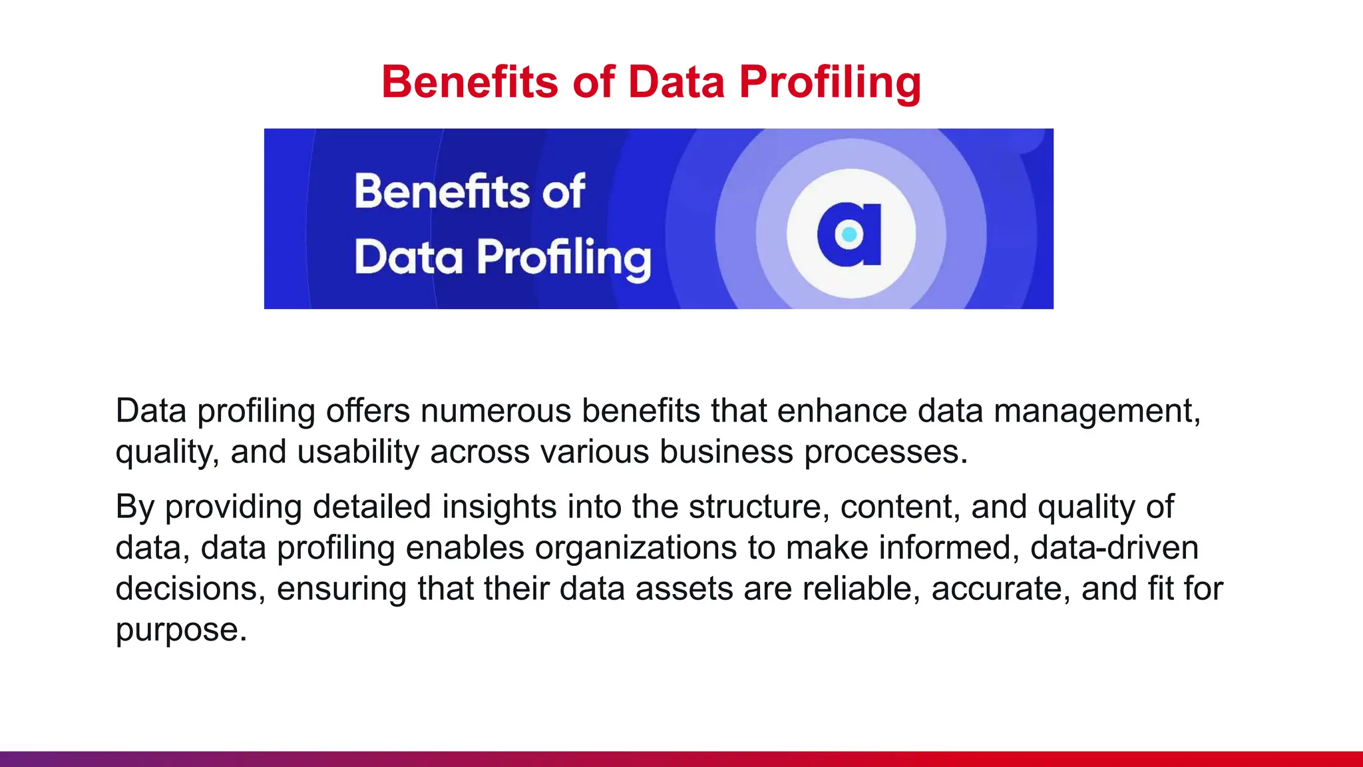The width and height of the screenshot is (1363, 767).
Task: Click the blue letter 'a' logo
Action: pyautogui.click(x=851, y=234)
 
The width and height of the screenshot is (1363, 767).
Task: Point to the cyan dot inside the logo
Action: pyautogui.click(x=849, y=234)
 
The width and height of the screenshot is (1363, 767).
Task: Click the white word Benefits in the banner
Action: pyautogui.click(x=441, y=192)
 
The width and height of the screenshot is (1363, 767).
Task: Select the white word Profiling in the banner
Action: pyautogui.click(x=564, y=258)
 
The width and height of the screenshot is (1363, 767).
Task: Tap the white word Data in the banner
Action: pyautogui.click(x=408, y=258)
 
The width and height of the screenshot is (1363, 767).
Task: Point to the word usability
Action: pyautogui.click(x=358, y=452)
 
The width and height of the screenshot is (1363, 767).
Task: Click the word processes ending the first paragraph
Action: pyautogui.click(x=885, y=452)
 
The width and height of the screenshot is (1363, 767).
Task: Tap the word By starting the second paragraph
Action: pyautogui.click(x=135, y=507)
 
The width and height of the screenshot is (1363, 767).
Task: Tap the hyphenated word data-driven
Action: pyautogui.click(x=1114, y=548)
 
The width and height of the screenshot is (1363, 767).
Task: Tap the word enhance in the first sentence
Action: pyautogui.click(x=842, y=411)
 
